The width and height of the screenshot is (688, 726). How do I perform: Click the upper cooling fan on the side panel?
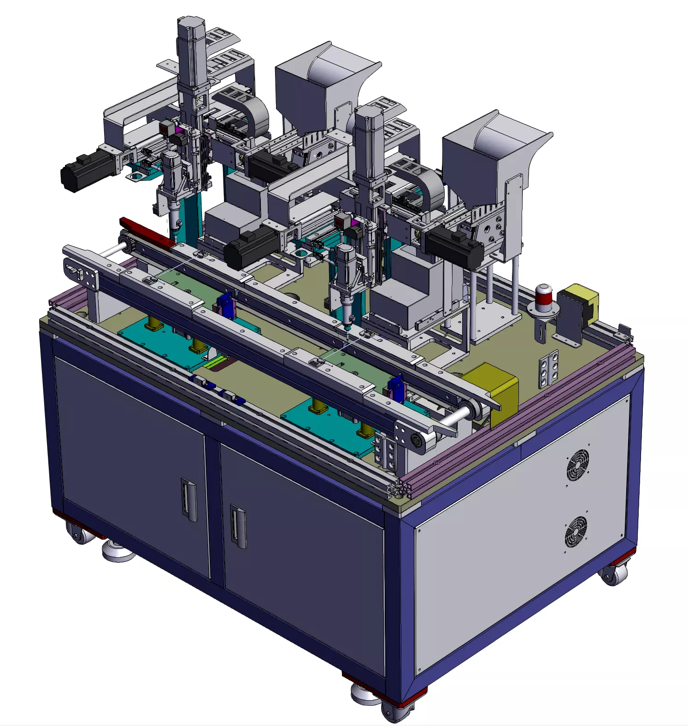(577, 465)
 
